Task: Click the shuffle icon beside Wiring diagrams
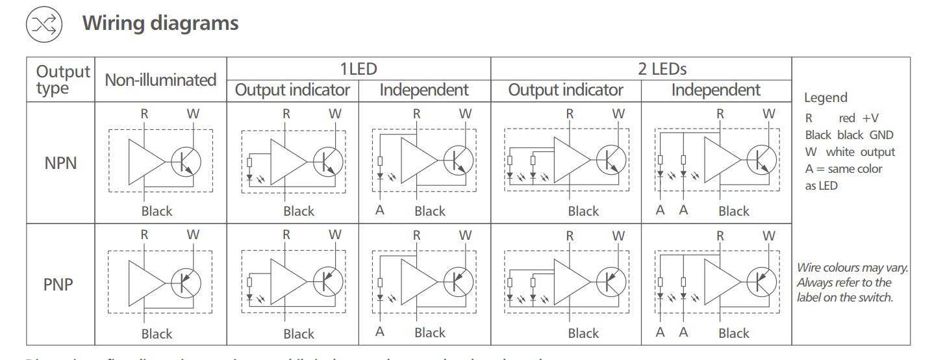(44, 25)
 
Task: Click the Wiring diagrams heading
(160, 23)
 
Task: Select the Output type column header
(62, 79)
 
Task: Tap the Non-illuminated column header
(160, 80)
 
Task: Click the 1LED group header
(358, 68)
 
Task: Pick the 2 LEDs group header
(662, 68)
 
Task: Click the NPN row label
(60, 162)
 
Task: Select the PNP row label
(58, 285)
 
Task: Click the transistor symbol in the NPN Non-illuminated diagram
(186, 161)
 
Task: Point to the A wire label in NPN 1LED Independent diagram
(380, 210)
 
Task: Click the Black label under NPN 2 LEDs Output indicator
(583, 211)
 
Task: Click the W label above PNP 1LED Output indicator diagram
(334, 235)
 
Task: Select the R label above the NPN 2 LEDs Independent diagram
(720, 114)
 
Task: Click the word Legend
(825, 97)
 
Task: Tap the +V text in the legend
(870, 118)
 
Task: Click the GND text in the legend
(881, 135)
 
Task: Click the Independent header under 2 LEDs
(716, 90)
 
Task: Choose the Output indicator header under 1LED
(292, 90)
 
